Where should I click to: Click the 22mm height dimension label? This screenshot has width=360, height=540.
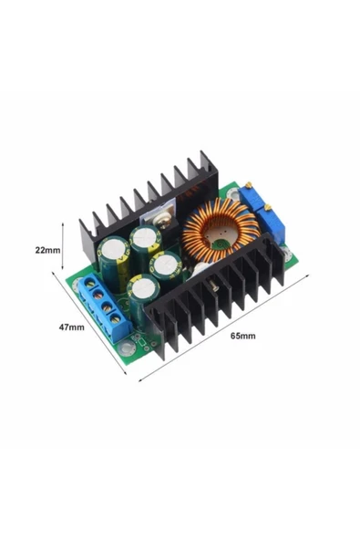coord(47,250)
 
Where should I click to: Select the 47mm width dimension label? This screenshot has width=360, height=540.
coord(72,327)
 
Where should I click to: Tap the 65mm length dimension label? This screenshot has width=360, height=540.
coord(243,336)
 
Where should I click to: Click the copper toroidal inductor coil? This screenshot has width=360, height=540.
coord(220,227)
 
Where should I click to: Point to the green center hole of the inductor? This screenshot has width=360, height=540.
coord(221,244)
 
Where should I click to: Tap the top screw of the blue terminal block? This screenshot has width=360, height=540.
coord(90,284)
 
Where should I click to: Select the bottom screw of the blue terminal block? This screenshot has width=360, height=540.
coord(116,317)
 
